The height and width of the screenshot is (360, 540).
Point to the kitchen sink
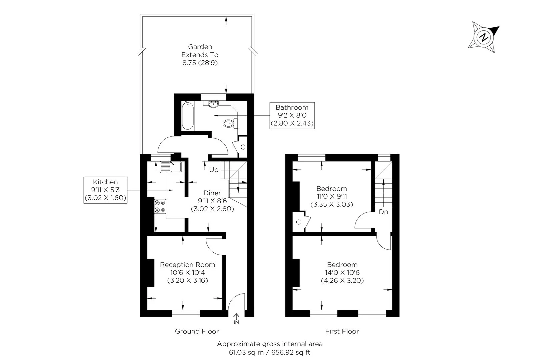click(171, 167)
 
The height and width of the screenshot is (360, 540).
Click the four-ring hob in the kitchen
click(160, 206)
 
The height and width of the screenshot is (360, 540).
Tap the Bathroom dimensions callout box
click(292, 115)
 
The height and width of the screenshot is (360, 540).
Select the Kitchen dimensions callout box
click(105, 190)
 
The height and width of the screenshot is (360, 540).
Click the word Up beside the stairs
click(214, 170)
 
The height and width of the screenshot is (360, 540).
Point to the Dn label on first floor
click(383, 212)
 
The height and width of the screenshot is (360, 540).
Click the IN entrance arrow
click(236, 319)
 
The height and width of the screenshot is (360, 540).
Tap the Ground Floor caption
click(197, 331)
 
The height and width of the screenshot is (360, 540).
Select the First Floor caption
click(342, 331)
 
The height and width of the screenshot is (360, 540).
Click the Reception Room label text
click(187, 265)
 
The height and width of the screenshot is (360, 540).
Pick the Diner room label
click(212, 193)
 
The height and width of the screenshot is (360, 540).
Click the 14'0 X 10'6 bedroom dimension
click(342, 273)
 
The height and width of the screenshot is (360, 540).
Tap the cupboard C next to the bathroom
click(243, 147)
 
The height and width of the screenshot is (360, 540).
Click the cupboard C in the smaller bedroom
click(298, 222)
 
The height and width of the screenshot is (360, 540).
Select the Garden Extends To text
click(200, 51)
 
